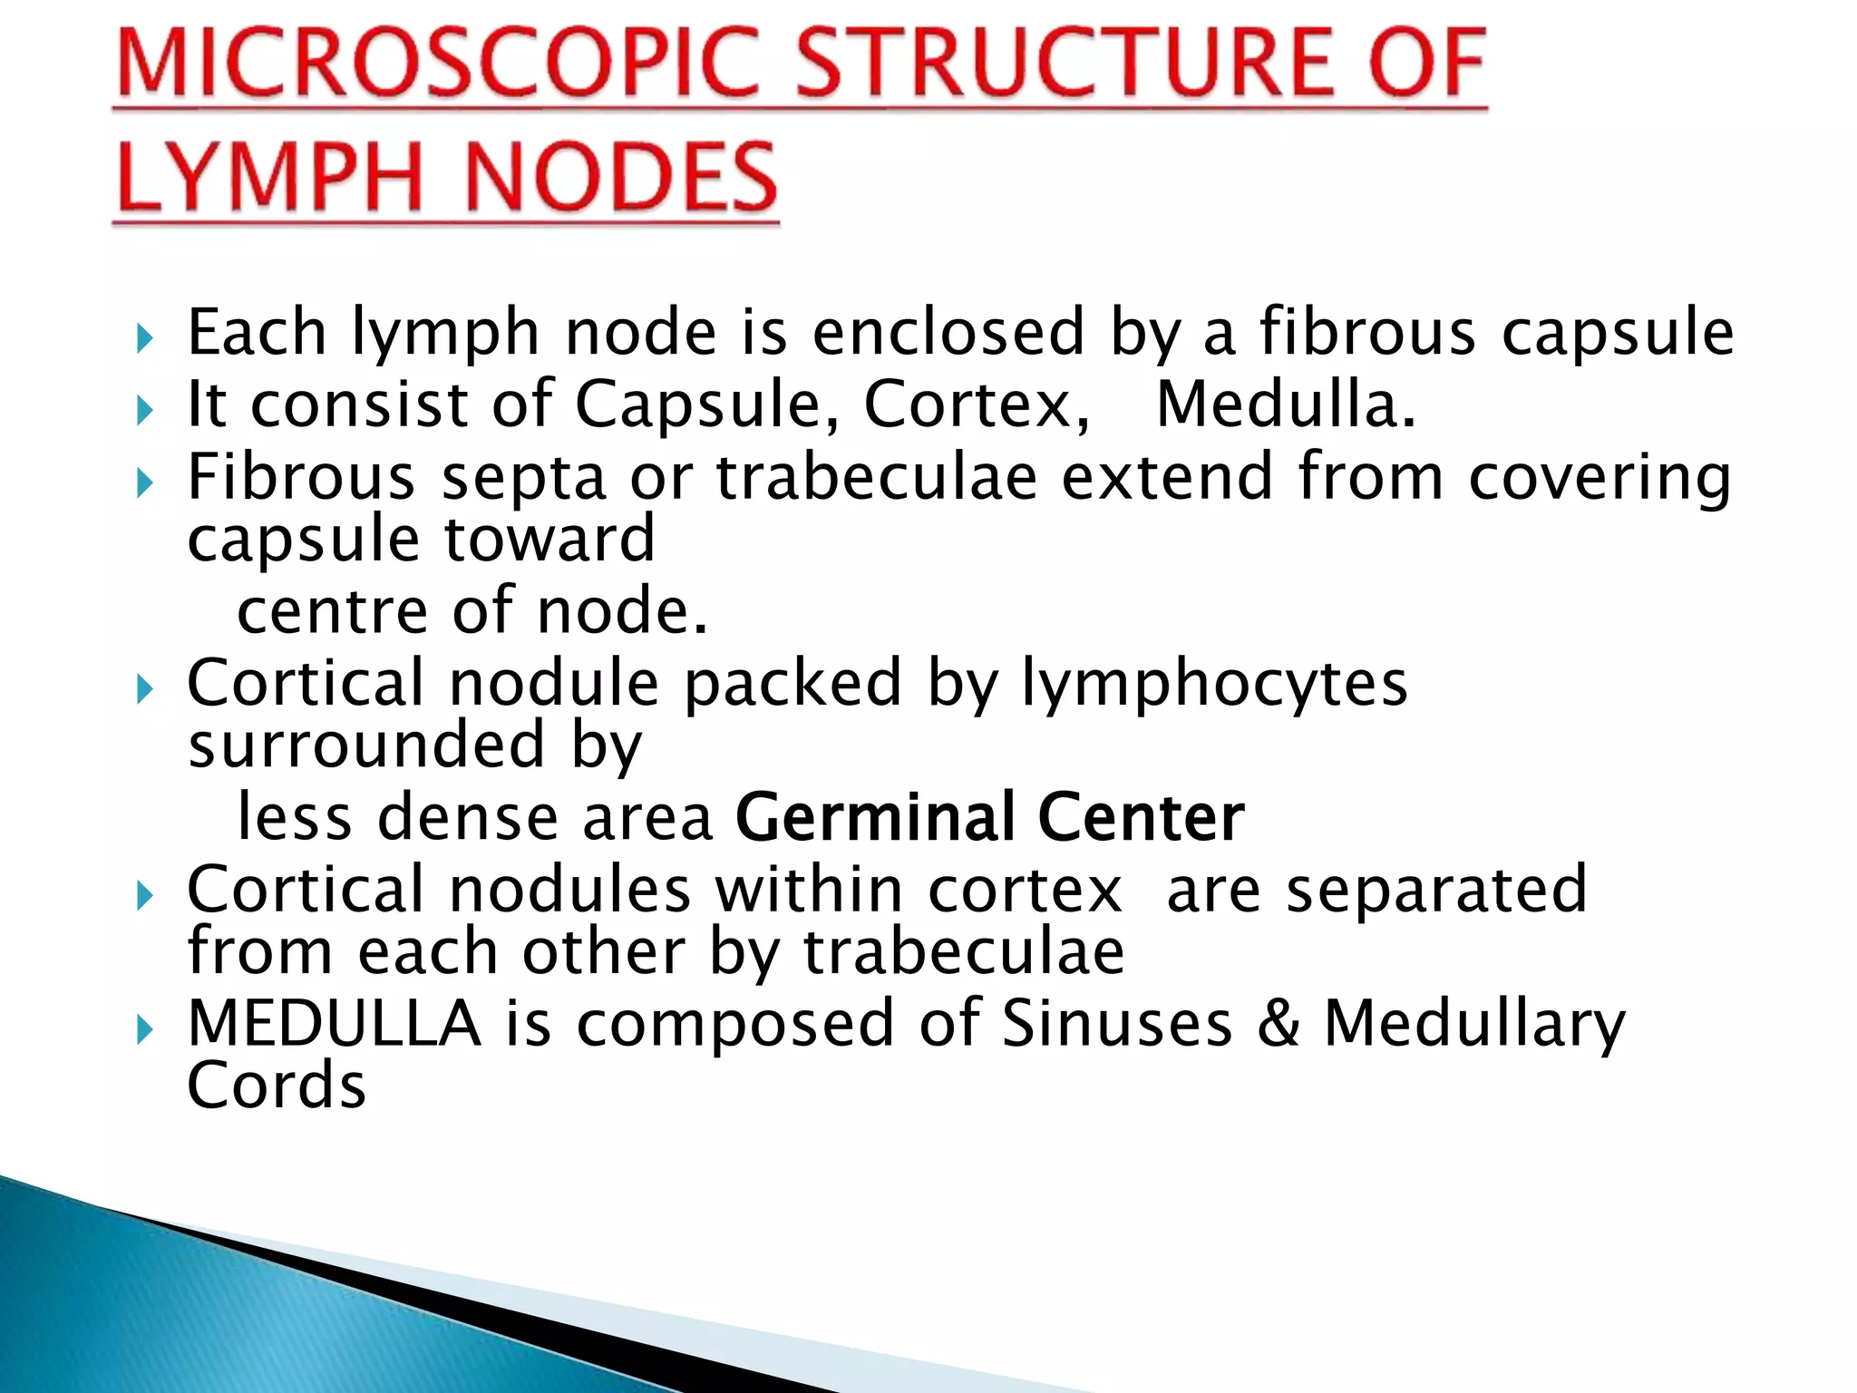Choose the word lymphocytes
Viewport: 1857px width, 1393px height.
point(1214,684)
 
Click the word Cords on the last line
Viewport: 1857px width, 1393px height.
point(277,1086)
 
